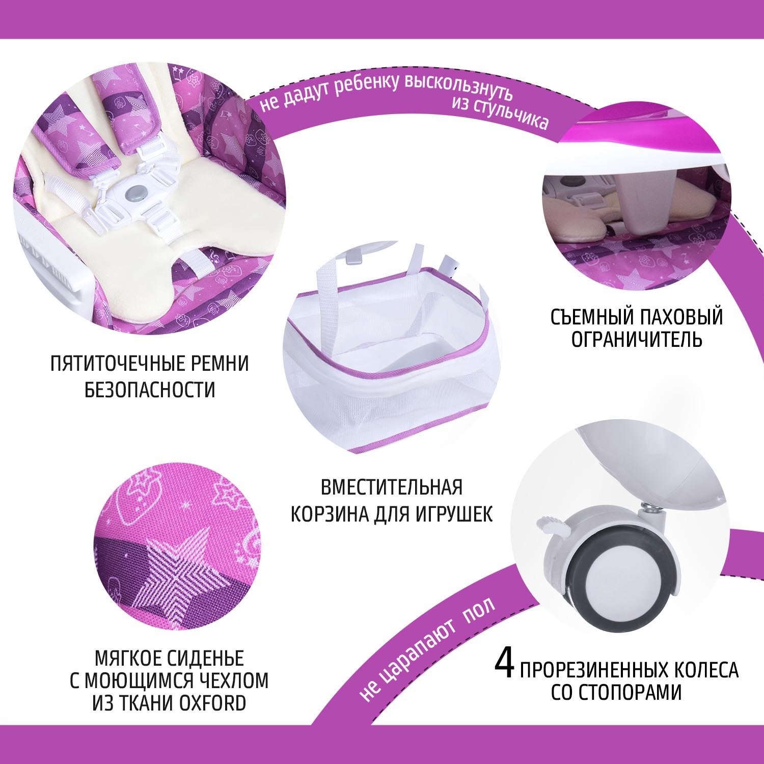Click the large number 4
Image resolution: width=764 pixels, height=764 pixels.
coord(505,663)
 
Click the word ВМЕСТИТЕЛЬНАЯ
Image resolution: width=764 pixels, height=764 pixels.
coord(392,487)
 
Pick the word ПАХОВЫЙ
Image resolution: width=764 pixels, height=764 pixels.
coord(680,317)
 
